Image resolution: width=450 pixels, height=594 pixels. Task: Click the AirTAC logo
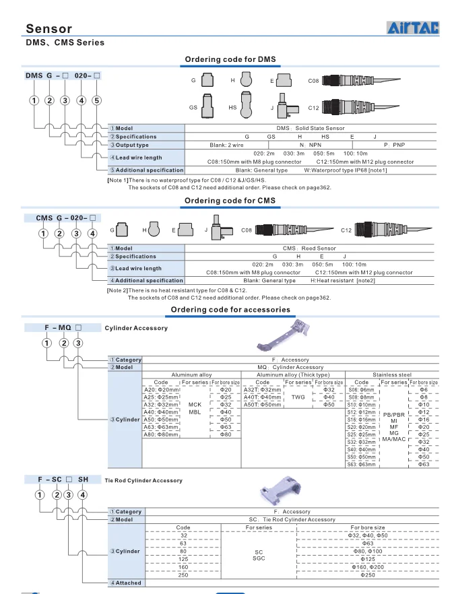click(412, 28)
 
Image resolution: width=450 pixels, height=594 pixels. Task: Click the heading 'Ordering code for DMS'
click(230, 60)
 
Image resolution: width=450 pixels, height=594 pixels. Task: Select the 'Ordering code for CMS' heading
click(230, 201)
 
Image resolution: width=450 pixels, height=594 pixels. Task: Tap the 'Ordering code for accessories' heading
click(230, 310)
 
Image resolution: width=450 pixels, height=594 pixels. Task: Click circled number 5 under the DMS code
click(96, 100)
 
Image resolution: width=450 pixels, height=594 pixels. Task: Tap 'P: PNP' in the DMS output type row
click(395, 145)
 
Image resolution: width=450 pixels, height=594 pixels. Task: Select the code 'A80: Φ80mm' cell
click(162, 434)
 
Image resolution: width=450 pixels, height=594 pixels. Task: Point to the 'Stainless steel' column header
click(391, 374)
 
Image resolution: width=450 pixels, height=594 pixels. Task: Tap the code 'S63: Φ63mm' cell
click(362, 464)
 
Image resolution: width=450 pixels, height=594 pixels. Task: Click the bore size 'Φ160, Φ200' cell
click(368, 567)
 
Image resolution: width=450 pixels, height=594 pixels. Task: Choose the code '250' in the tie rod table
click(183, 574)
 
